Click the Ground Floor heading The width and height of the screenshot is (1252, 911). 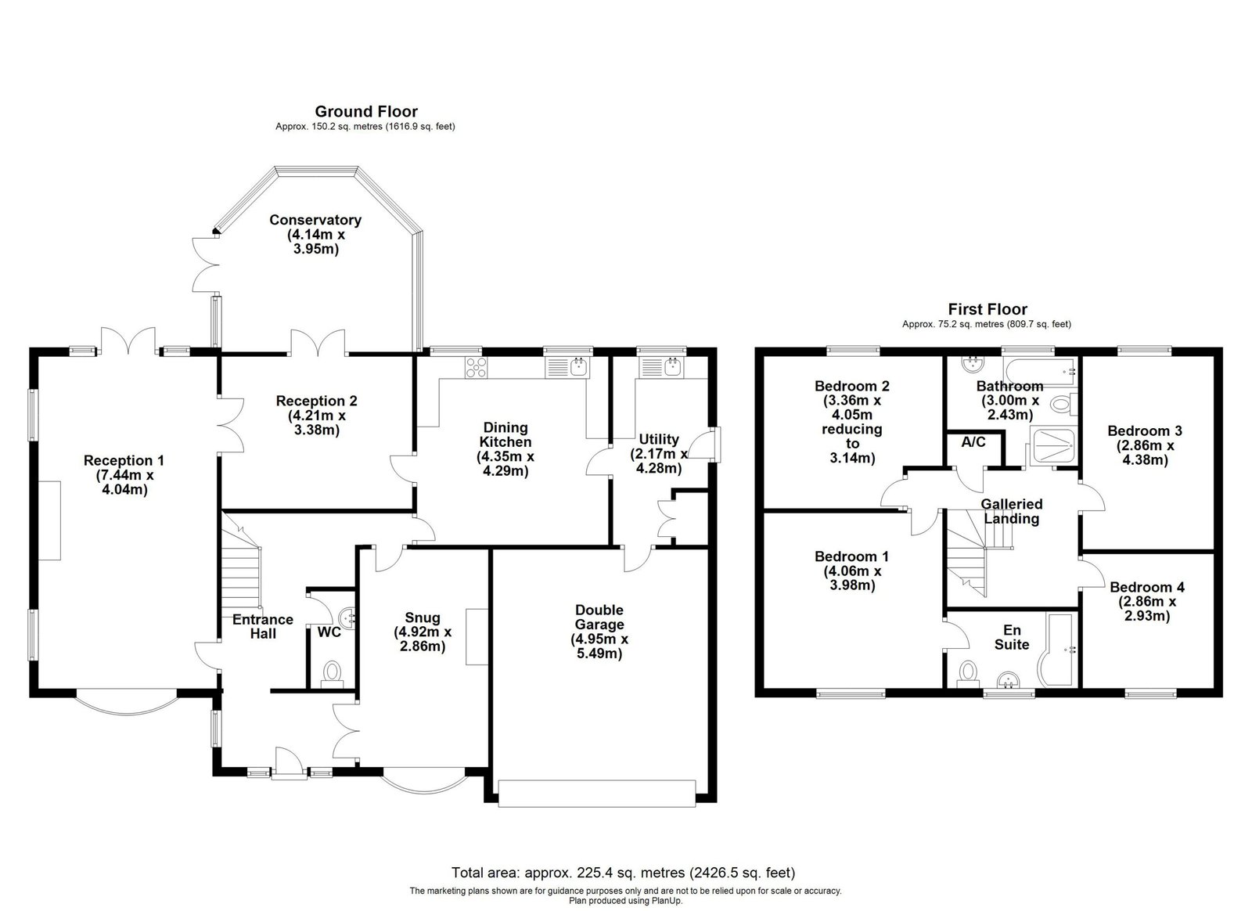click(366, 112)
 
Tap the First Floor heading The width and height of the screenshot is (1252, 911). click(988, 309)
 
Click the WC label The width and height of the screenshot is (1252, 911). click(329, 632)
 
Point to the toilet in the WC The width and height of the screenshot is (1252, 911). click(332, 674)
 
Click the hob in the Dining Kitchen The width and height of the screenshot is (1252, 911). click(477, 367)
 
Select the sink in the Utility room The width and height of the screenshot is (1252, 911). click(671, 366)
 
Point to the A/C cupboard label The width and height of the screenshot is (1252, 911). click(973, 442)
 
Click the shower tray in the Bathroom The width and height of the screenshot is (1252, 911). click(1053, 445)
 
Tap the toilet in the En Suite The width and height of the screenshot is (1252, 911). click(968, 674)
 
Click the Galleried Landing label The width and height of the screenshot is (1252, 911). click(1012, 511)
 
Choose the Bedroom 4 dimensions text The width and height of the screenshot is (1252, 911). click(1147, 609)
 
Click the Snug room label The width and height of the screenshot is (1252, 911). click(423, 618)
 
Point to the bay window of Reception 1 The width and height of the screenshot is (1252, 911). click(127, 708)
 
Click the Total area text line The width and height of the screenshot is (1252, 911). click(623, 872)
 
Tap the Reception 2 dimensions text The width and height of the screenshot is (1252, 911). click(317, 423)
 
